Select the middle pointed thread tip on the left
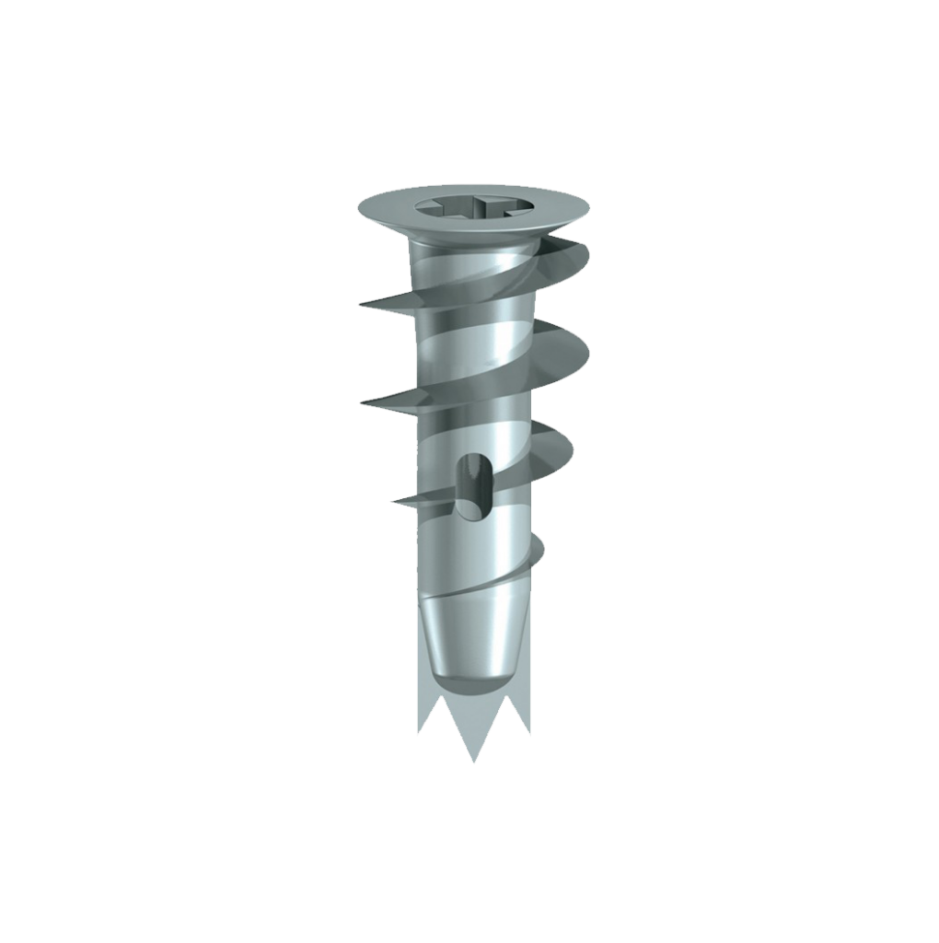(x=363, y=402)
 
